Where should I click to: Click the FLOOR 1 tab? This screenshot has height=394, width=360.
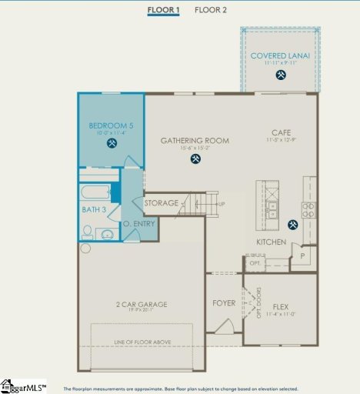coord(164,10)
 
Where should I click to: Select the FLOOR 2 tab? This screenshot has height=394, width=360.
coord(211,10)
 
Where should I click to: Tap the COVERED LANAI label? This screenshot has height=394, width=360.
coord(280,55)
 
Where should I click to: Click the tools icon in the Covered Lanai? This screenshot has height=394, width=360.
coord(281,75)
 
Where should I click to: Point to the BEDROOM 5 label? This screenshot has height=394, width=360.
coord(111,125)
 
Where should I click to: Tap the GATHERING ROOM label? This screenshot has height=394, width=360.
coord(195,141)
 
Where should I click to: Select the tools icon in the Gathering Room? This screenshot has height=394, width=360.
coord(196,159)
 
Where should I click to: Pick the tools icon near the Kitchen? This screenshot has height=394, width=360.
coord(292,225)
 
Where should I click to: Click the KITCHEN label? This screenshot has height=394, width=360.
coord(272,243)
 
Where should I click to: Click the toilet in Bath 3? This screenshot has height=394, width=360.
coord(88,232)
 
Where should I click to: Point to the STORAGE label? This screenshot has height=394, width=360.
coord(162,203)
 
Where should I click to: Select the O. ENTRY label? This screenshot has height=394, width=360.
coord(139,224)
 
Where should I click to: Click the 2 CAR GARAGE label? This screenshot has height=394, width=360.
coord(141,304)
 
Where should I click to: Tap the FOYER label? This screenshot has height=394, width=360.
coord(224,303)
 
